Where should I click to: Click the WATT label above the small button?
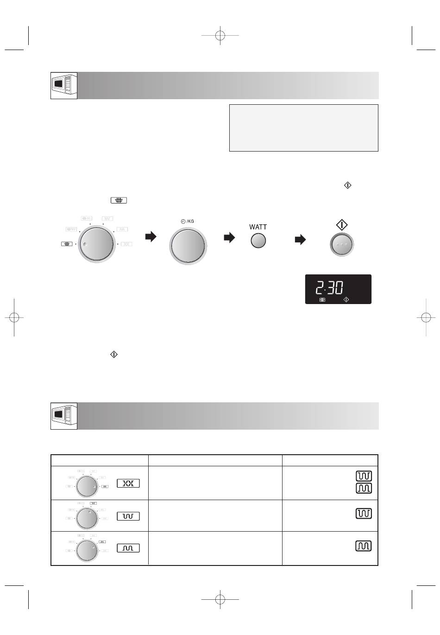click(x=258, y=227)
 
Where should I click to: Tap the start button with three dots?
click(x=342, y=244)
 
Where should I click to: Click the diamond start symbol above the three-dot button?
click(x=342, y=225)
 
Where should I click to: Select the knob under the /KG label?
click(x=188, y=246)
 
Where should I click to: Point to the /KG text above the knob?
click(x=190, y=221)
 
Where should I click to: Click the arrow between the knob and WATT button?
click(x=229, y=237)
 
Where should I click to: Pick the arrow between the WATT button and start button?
click(x=300, y=240)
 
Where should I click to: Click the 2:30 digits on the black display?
click(x=329, y=287)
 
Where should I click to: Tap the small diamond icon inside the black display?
click(x=346, y=299)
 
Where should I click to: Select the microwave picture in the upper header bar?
click(x=64, y=86)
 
